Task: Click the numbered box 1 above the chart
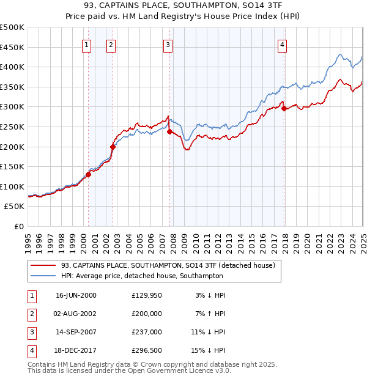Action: tap(87, 44)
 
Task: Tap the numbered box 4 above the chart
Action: tap(282, 44)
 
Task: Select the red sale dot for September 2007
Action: tap(169, 131)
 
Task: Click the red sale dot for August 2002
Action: tap(113, 147)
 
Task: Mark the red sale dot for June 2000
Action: tap(88, 174)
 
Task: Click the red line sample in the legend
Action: tap(44, 265)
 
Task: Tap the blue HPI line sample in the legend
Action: tap(44, 276)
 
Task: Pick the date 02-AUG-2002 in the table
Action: tap(76, 314)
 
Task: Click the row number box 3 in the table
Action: tap(31, 332)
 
